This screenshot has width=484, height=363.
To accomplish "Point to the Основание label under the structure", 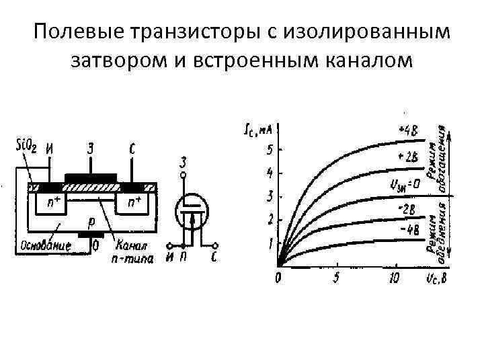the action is click(x=44, y=245).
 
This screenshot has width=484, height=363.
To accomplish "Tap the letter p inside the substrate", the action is click(x=92, y=219).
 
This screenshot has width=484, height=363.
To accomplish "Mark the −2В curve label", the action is click(x=407, y=209).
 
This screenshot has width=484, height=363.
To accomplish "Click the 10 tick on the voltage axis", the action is click(x=395, y=277).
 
